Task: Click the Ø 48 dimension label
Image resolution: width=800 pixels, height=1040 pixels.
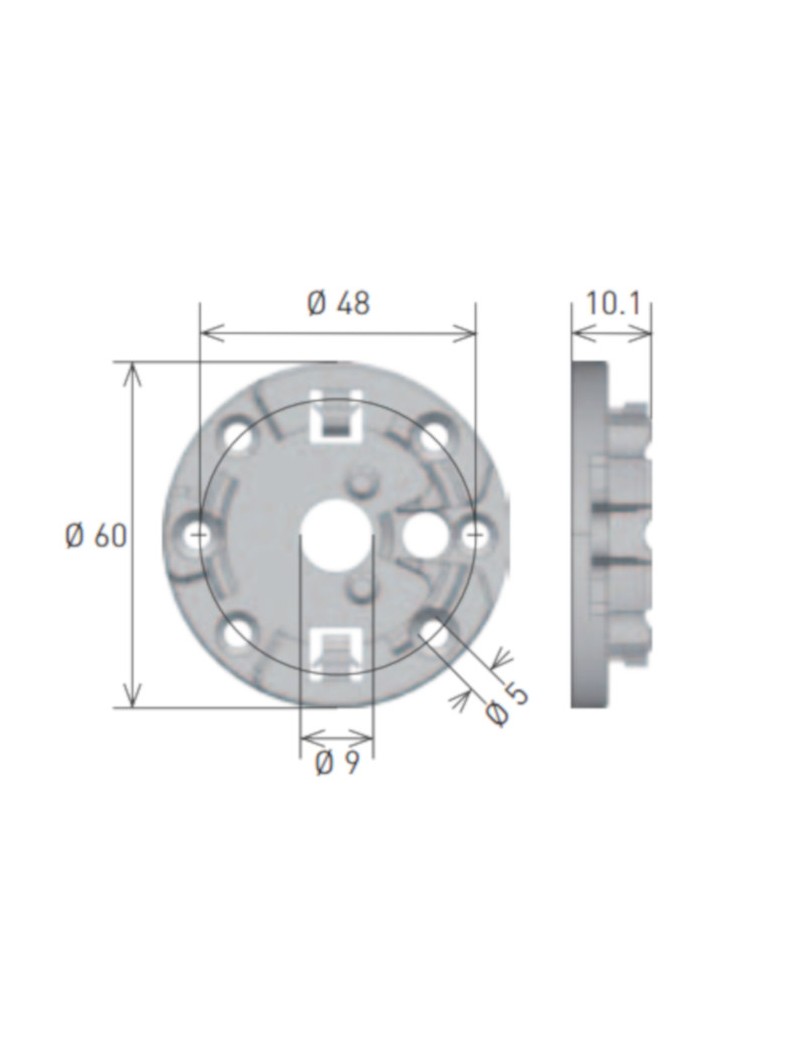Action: tap(338, 303)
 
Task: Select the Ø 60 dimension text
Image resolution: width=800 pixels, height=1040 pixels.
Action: tap(96, 536)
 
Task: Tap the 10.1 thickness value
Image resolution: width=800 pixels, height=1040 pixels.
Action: tap(612, 304)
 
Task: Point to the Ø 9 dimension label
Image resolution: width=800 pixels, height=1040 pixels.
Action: tap(337, 764)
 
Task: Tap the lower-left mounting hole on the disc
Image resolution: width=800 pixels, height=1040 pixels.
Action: tap(238, 633)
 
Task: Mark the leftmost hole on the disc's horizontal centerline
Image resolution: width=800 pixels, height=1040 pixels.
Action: tap(198, 535)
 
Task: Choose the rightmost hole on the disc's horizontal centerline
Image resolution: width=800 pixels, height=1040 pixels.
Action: tap(475, 535)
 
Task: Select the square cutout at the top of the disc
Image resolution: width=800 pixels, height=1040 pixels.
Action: tap(336, 420)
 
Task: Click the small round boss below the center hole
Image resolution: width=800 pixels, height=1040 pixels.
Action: tap(357, 585)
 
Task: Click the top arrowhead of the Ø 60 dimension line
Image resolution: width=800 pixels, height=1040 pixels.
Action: tap(132, 372)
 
